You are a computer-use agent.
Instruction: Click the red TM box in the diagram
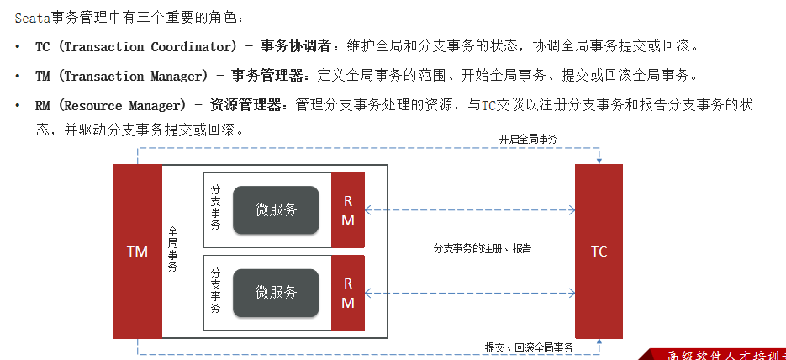[x=137, y=251]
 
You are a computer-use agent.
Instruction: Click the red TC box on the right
[x=599, y=251]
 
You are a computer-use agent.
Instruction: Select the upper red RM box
[x=348, y=210]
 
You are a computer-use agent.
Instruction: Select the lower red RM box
[x=348, y=293]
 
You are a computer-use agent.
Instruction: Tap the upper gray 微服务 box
[x=276, y=210]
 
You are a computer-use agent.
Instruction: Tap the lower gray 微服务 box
[x=276, y=293]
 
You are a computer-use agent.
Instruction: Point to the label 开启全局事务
[x=528, y=139]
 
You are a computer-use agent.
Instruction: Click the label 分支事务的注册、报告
[x=482, y=249]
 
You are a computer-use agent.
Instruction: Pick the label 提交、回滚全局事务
[x=529, y=347]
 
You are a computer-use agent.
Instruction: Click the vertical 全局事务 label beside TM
[x=173, y=249]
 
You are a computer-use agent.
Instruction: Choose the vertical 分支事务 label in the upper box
[x=216, y=207]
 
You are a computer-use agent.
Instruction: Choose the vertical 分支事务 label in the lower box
[x=216, y=290]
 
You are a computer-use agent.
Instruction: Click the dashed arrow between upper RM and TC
[x=470, y=210]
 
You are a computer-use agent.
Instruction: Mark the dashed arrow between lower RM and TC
[x=470, y=293]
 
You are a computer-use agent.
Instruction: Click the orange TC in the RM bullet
[x=489, y=106]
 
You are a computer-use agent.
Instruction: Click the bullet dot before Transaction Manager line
[x=18, y=77]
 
